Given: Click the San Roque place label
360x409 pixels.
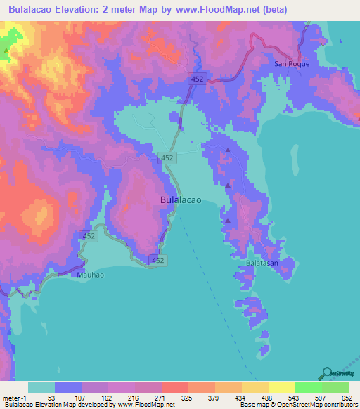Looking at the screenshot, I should coord(291,63).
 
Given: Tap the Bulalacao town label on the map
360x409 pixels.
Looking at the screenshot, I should coord(181,200).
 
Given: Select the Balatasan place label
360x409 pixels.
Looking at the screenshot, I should coord(262,263).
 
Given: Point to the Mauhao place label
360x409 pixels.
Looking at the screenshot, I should coord(90,275).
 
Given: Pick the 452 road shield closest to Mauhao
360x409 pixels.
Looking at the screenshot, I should coord(88,236).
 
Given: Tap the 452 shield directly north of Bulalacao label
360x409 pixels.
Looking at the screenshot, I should coord(167,159).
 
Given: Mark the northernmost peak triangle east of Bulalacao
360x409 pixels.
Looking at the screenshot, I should coord(227,150).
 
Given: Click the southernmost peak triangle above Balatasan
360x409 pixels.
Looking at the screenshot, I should coord(227,221).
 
